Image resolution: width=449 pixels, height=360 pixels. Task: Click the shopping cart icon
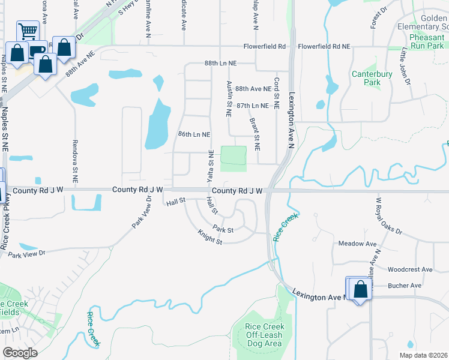coord(28,31)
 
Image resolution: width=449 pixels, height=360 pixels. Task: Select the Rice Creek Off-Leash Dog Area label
coord(263,335)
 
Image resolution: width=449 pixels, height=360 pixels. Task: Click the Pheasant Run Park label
coord(427,41)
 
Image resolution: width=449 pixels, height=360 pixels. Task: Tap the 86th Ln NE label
coord(194,134)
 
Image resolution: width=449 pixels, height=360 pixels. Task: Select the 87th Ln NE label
coord(252,105)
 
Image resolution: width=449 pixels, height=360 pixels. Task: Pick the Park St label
coord(223,229)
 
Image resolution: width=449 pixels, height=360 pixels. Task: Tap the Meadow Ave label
coord(357,244)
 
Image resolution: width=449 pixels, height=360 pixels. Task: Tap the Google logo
coord(20,353)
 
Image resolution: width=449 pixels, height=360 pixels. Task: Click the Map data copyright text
coord(423,355)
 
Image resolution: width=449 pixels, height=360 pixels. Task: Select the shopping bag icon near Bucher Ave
coord(361,290)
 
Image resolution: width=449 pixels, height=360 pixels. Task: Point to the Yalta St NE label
coord(210,166)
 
